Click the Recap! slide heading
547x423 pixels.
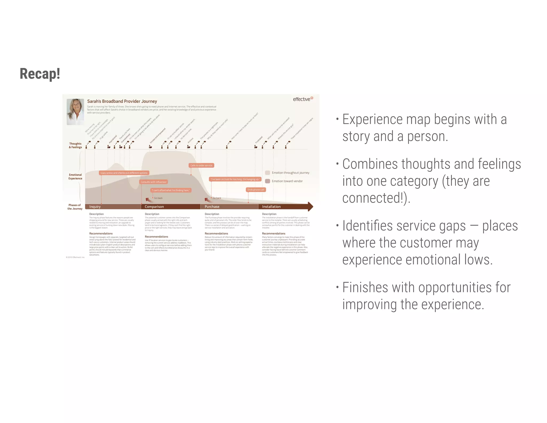tap(40, 74)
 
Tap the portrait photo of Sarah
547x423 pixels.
tap(75, 111)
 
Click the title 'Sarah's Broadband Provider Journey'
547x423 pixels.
tap(122, 101)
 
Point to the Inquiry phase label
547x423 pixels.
tap(95, 207)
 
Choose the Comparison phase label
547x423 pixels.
tap(154, 207)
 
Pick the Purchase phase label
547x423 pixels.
tap(212, 207)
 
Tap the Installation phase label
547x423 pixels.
tap(271, 207)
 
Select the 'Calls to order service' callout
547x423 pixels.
tap(201, 166)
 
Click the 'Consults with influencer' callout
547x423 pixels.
tap(154, 182)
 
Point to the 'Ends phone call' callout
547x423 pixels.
tap(256, 190)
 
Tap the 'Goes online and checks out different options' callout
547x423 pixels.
tap(124, 173)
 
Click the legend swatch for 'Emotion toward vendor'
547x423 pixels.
tap(267, 181)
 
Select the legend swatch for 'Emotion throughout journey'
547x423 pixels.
tap(267, 173)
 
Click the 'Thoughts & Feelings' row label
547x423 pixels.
tap(75, 145)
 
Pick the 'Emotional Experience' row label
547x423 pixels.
tap(75, 177)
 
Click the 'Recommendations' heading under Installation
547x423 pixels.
tap(273, 234)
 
